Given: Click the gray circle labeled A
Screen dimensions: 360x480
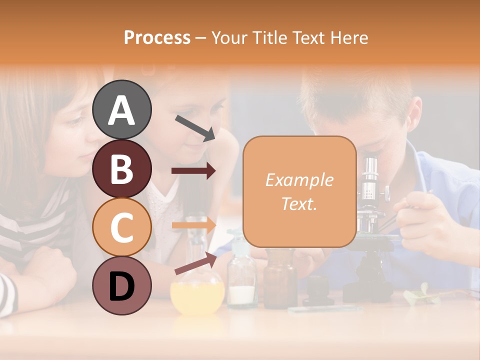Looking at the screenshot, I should coord(121,109).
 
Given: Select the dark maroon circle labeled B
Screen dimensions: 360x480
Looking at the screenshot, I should coord(121,168).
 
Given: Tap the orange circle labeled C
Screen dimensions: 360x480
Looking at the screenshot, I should coord(121,227).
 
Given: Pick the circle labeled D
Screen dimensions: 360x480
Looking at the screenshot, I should coord(121,286).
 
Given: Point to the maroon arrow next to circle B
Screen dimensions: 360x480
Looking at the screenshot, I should coord(193,171).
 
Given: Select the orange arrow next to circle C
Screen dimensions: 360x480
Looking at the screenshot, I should coord(193,225).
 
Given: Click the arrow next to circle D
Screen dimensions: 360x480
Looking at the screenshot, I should coord(195,263).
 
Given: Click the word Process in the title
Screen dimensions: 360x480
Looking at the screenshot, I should coord(157,37).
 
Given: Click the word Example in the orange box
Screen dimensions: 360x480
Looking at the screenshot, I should coord(299,180).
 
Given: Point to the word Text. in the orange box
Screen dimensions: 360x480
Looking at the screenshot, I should coord(299,203).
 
